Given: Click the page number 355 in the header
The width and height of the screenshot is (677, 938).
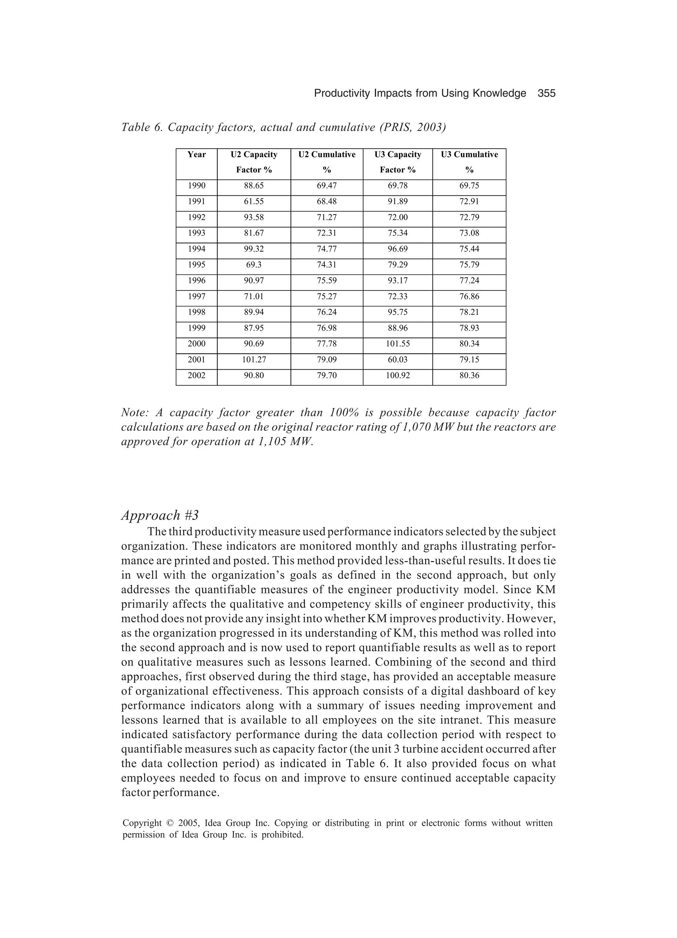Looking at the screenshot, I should click(546, 94).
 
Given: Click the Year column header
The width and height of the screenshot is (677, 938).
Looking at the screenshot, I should click(196, 155).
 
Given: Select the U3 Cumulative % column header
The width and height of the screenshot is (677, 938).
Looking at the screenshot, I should click(469, 162).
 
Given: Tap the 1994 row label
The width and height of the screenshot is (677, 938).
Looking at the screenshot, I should click(196, 249).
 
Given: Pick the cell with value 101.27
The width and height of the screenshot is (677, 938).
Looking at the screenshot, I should click(254, 360).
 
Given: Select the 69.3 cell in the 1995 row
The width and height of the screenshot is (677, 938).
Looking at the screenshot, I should click(254, 265).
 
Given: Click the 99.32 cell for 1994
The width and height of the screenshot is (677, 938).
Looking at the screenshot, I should click(254, 249).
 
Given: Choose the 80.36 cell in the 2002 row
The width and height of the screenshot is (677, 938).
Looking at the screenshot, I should click(469, 376).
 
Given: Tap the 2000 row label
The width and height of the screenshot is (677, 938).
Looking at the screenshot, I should click(196, 344).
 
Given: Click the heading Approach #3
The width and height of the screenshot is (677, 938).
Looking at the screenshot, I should click(160, 515).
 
